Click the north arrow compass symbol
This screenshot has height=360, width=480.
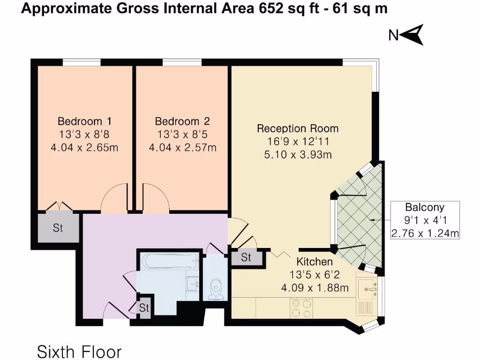click(406, 35)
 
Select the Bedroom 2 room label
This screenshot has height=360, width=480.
click(182, 121)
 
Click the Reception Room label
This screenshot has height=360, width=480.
click(298, 128)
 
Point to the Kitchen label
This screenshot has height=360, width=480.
click(315, 262)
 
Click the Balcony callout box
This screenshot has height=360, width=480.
click(425, 220)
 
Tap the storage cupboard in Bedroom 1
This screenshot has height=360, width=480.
click(58, 228)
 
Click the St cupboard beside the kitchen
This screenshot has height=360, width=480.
click(246, 257)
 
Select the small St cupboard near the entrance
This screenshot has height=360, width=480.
click(144, 308)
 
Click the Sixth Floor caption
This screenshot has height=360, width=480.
click(79, 351)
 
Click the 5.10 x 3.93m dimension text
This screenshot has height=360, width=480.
click(298, 154)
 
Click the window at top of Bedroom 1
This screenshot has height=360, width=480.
click(82, 62)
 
